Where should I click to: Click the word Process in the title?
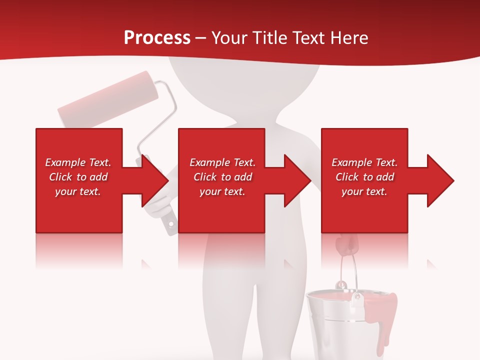coord(157,38)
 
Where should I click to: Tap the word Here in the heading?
coord(350,38)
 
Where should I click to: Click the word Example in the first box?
coord(64,162)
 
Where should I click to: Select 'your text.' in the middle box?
coord(222,191)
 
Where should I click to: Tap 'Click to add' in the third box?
coord(364,177)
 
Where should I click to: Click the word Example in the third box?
coord(351,162)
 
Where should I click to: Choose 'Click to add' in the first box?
coord(78,177)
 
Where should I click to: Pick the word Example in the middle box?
coord(209,162)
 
